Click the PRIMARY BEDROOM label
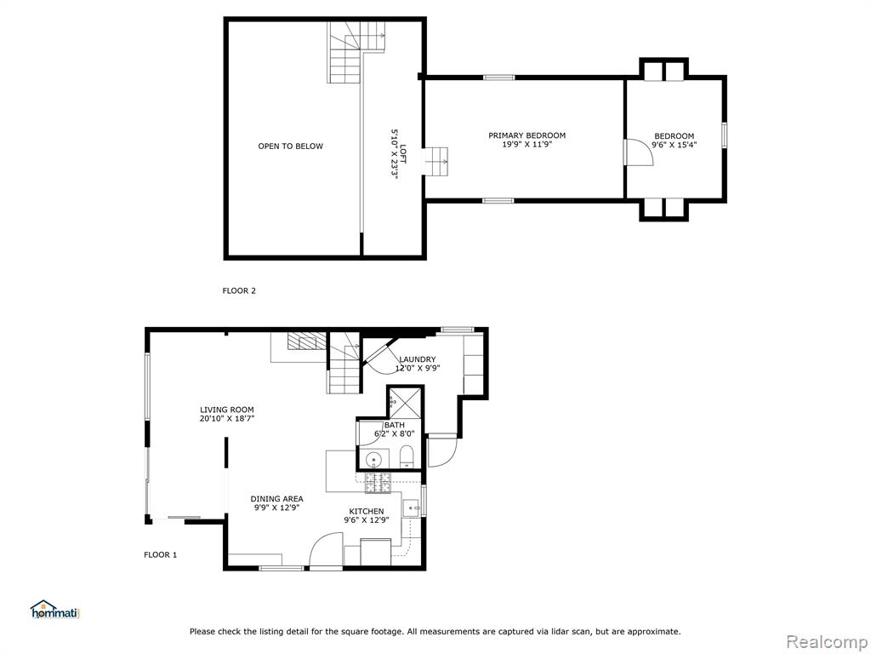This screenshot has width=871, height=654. [527, 135]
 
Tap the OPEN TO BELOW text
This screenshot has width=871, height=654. [291, 146]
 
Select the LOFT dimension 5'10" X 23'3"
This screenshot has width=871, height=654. [395, 155]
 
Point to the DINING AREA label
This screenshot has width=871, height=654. [276, 499]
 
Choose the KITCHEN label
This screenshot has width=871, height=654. [366, 512]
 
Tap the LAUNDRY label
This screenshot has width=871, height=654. [417, 359]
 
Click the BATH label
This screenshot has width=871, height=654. [395, 425]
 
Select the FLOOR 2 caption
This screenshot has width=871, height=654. [239, 290]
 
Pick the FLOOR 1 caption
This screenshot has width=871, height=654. [161, 554]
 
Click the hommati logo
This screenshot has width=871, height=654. [55, 610]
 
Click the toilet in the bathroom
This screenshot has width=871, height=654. [407, 456]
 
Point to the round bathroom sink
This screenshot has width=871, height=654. [373, 460]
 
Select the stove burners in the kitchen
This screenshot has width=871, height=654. [379, 483]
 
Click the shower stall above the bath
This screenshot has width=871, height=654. [405, 402]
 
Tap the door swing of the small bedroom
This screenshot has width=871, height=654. [640, 152]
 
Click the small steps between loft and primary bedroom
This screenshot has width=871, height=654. [436, 161]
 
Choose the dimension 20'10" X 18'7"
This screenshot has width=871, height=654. [226, 418]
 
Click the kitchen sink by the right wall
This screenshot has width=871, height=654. [411, 508]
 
